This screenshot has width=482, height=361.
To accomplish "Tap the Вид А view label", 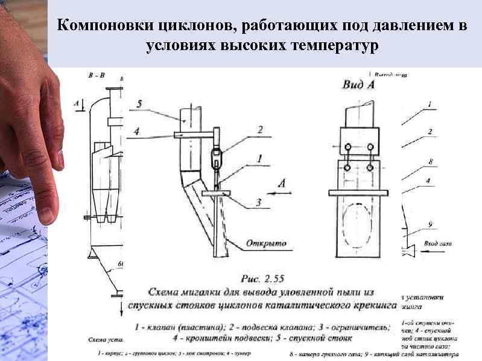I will pyautogui.click(x=358, y=85).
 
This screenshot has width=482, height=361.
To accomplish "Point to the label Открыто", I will pyautogui.click(x=266, y=244).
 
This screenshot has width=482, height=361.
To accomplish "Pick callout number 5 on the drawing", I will pyautogui.click(x=139, y=104).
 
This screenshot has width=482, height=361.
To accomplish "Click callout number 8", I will pyautogui.click(x=429, y=162).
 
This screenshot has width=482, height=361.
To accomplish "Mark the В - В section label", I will pyautogui.click(x=97, y=76).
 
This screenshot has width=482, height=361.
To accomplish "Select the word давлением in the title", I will pyautogui.click(x=399, y=26).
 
